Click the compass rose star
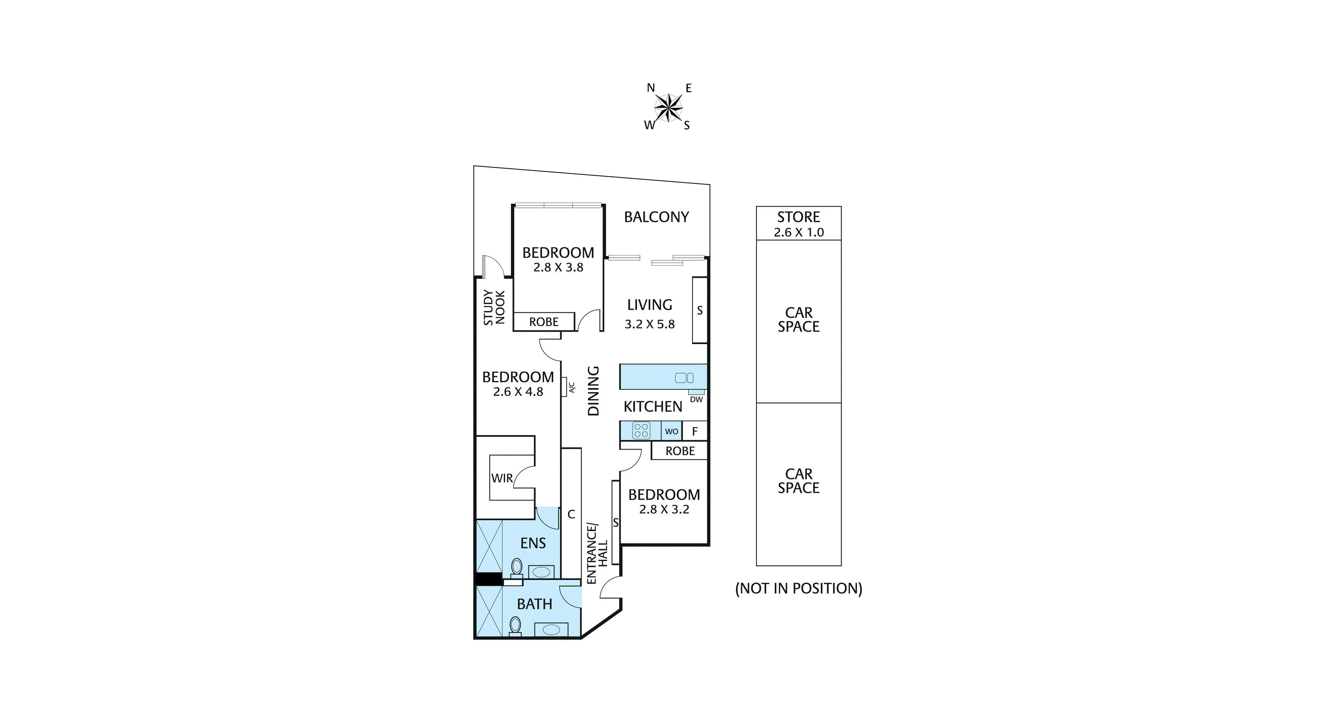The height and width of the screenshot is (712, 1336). click(668, 108)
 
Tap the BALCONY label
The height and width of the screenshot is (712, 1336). click(656, 217)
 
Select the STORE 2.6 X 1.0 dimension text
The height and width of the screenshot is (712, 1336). click(799, 232)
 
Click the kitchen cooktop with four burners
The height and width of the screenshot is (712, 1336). click(641, 430)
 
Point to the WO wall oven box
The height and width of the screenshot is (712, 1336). click(672, 431)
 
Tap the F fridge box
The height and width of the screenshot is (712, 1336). click(695, 431)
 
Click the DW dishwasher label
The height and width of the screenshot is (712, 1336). click(696, 399)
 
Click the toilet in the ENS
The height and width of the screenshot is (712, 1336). click(517, 567)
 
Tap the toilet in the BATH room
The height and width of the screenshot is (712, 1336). click(515, 626)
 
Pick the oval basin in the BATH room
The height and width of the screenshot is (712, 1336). click(551, 630)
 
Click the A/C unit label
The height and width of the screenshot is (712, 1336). click(572, 388)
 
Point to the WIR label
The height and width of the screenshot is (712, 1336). click(502, 478)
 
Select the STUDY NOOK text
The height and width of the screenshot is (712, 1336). click(494, 307)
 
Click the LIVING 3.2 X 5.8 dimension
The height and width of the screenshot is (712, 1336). click(649, 324)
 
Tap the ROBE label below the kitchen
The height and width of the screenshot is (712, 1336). click(680, 451)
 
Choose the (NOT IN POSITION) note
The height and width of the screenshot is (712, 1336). click(799, 589)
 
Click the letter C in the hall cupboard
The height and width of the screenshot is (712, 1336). click(571, 514)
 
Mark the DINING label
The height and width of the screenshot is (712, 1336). click(593, 391)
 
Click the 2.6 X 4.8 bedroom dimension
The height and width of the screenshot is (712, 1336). click(518, 392)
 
